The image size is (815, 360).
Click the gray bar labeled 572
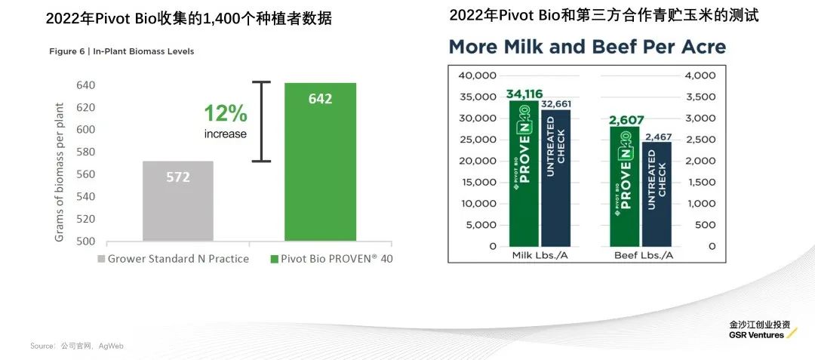point(178,200)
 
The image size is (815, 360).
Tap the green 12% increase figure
point(226,114)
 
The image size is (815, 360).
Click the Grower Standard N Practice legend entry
point(173,259)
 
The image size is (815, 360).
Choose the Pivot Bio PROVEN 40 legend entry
point(331,259)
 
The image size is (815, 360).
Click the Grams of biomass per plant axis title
point(59,171)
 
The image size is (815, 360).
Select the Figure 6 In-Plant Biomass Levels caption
point(121,51)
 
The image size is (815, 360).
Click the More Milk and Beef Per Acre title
point(587,48)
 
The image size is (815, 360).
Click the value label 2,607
point(626,121)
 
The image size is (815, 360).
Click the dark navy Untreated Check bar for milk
point(556,178)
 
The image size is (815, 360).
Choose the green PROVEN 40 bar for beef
point(624,186)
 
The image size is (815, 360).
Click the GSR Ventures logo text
point(757,334)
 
